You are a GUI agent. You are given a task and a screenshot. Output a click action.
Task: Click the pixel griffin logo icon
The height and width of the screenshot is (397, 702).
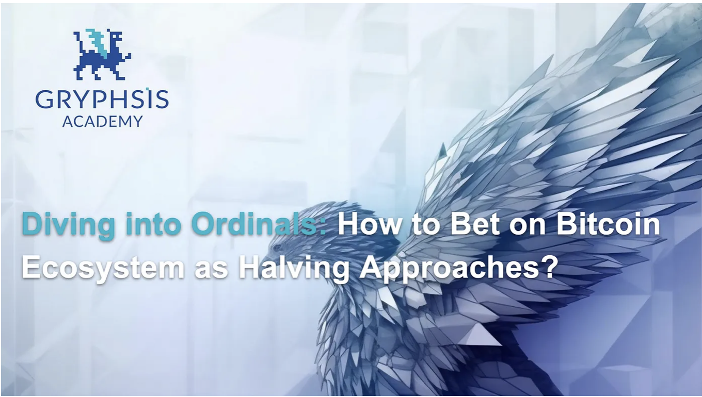[x=103, y=54]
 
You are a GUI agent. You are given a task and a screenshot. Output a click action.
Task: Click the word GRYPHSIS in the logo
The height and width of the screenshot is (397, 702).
[x=102, y=99]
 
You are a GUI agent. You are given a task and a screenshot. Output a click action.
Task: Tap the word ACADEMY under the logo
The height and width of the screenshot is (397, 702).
[x=103, y=121]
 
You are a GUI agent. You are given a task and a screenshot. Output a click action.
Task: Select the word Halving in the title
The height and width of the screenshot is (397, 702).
[x=294, y=269]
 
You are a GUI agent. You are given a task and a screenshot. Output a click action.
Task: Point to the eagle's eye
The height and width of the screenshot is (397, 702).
[x=277, y=248]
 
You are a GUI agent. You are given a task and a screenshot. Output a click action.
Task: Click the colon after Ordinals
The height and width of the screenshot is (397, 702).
[x=323, y=227]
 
